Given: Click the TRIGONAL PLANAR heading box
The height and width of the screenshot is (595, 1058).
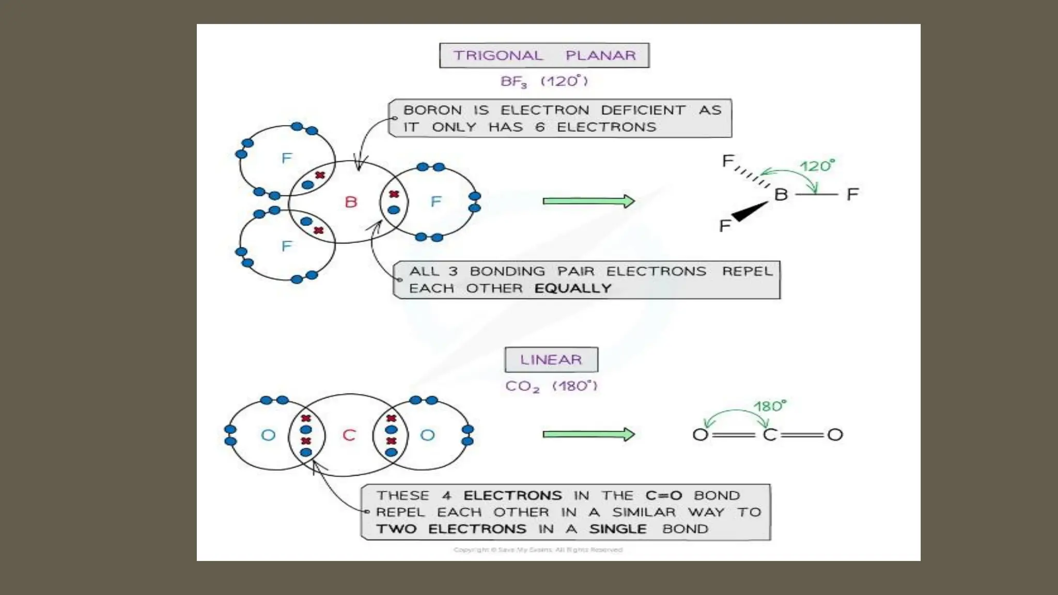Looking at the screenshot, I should click(x=544, y=55).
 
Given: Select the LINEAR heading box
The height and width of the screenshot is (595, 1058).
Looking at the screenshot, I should click(x=551, y=359).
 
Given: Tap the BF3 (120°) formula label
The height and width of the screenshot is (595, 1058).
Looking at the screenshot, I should click(x=544, y=82).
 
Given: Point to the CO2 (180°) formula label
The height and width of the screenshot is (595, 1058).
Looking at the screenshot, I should click(x=551, y=386).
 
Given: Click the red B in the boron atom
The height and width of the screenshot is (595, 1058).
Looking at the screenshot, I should click(x=351, y=202).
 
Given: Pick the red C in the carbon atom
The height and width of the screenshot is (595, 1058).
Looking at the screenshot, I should click(x=349, y=435).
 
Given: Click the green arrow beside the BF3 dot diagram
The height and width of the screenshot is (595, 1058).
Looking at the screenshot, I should click(x=588, y=201).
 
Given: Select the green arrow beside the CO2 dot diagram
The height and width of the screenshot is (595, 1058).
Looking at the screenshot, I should click(x=588, y=434).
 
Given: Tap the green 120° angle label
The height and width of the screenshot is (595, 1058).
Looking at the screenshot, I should click(x=817, y=166).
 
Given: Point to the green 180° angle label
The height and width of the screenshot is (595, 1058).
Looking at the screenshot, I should click(x=770, y=406).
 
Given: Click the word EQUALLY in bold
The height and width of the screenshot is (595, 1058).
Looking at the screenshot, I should click(x=572, y=288).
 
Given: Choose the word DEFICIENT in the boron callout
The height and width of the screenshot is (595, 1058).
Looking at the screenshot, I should click(x=643, y=110).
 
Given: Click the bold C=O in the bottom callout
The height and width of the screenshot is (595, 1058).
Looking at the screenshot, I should click(x=663, y=495).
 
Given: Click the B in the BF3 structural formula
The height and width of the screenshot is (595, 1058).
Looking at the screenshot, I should click(x=781, y=195).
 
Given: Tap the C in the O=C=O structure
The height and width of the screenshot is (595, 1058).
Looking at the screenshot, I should click(x=769, y=435).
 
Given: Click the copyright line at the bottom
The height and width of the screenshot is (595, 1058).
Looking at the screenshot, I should click(x=538, y=550).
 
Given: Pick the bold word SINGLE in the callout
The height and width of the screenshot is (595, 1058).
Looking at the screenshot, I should click(x=618, y=529).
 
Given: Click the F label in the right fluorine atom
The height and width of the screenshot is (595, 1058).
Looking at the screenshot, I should click(x=436, y=201).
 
